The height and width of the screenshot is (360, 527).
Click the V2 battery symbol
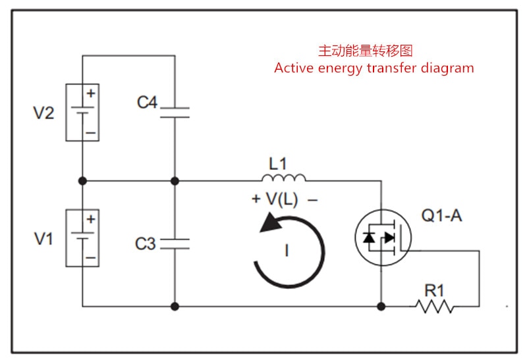point(82,113)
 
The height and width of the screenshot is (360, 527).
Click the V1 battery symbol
point(82,238)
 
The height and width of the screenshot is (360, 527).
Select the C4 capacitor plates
point(175,113)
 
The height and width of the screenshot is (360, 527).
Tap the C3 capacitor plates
point(175,244)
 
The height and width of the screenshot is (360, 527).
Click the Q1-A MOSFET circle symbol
point(383,238)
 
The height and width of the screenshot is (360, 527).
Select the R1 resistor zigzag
point(434,306)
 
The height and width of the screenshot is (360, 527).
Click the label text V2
point(44,113)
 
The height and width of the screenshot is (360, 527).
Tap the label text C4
point(147,103)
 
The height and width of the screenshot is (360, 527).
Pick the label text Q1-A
point(441,216)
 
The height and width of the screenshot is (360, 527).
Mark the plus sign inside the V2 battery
point(90,93)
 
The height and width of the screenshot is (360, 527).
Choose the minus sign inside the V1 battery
point(90,257)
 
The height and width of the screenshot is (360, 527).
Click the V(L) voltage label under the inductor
point(283,199)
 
